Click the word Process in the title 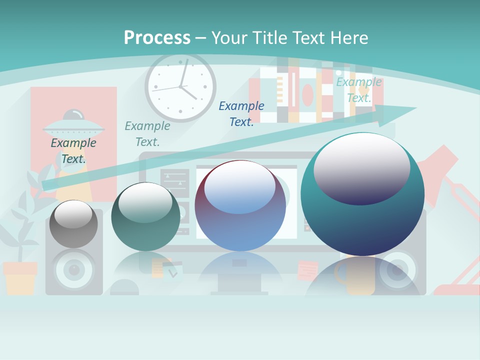pos(157,37)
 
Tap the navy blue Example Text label pos(241,113)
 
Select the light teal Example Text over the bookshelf pos(359,90)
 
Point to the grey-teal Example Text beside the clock pos(147,133)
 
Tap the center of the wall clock pos(180,86)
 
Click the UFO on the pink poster pos(74,127)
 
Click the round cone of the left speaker pos(74,270)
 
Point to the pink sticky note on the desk pos(307,270)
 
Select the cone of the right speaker pos(397,270)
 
